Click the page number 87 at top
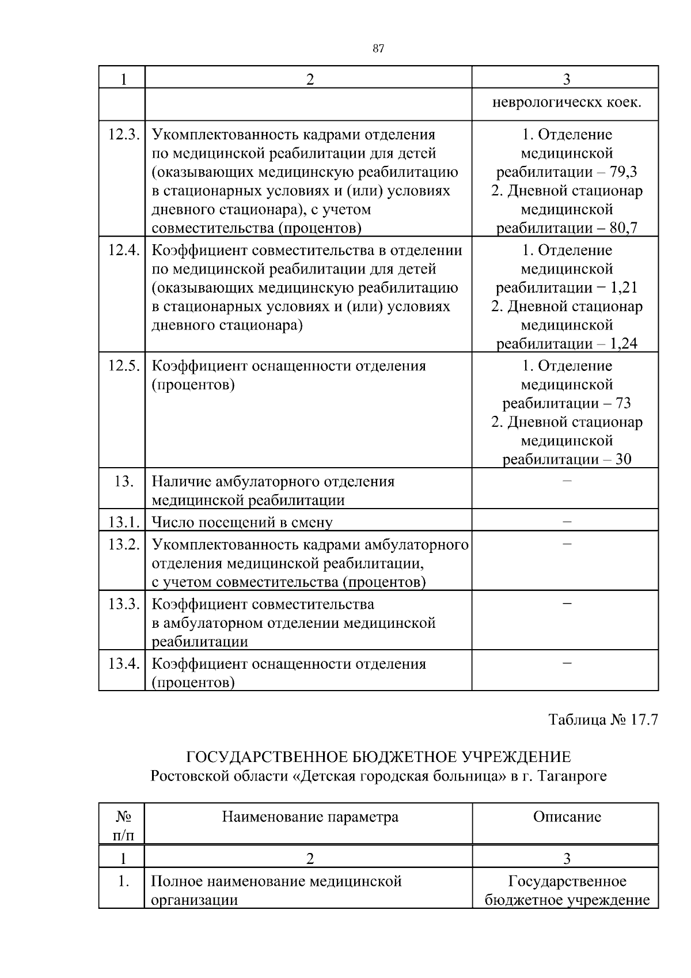pos(378,49)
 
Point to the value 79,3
pos(623,172)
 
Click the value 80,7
pos(623,228)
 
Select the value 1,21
pos(624,288)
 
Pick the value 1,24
pos(624,344)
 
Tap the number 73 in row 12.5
pos(623,403)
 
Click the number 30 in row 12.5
pos(623,460)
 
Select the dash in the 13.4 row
pos(567,664)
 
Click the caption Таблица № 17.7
pos(602,720)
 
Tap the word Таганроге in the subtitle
pos(572,776)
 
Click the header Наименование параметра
pos(310,817)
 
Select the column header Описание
pos(567,817)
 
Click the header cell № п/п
pos(123,825)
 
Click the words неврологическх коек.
pos(567,103)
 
